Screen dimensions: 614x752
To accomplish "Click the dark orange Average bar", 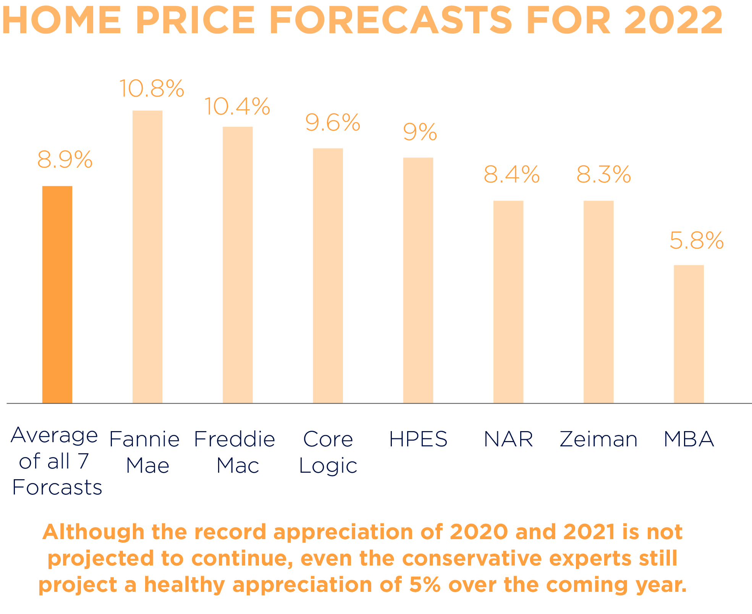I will [x=57, y=294].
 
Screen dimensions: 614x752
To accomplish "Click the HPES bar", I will [x=418, y=280].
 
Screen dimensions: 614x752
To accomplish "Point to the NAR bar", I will [x=508, y=302].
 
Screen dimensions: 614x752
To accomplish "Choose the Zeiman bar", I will [x=598, y=302].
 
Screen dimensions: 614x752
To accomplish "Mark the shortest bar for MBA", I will [x=689, y=334].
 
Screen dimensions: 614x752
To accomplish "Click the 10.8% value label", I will [x=152, y=89].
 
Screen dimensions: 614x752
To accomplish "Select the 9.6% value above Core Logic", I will [x=332, y=123].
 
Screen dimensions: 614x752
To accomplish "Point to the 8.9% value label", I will [x=65, y=159].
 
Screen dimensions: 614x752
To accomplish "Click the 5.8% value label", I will [x=697, y=241].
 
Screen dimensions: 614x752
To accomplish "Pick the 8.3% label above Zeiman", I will [x=603, y=175].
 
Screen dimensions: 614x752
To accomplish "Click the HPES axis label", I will [x=418, y=439].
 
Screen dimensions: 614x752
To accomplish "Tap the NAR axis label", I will [x=508, y=439].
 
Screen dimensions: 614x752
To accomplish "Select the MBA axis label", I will [x=689, y=439].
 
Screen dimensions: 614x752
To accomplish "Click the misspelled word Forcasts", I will [x=57, y=487].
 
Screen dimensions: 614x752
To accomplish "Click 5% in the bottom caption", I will [x=425, y=585].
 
